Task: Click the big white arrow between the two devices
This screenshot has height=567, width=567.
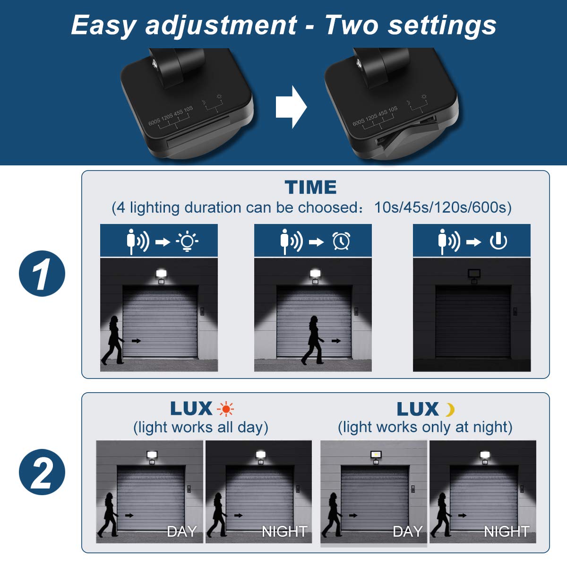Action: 291,107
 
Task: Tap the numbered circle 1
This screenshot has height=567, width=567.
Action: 42,274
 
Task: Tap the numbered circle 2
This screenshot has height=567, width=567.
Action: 42,472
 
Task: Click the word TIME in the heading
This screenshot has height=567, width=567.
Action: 310,187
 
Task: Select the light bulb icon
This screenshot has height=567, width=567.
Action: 187,241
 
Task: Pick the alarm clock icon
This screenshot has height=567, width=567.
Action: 341,241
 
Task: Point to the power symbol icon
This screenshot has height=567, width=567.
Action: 498,241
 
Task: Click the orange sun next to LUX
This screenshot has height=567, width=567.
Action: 225,409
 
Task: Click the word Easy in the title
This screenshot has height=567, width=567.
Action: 103,26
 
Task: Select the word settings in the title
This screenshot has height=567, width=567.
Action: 442,26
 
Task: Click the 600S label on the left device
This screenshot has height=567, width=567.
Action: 154,122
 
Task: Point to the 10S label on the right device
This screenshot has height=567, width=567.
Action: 393,110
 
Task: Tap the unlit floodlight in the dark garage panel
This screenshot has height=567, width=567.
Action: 474,276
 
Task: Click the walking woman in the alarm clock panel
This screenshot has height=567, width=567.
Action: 313,340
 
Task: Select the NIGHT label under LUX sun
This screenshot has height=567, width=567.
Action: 284,532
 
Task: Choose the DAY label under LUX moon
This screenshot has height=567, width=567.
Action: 407,532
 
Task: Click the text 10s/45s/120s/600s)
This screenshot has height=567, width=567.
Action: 443,208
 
